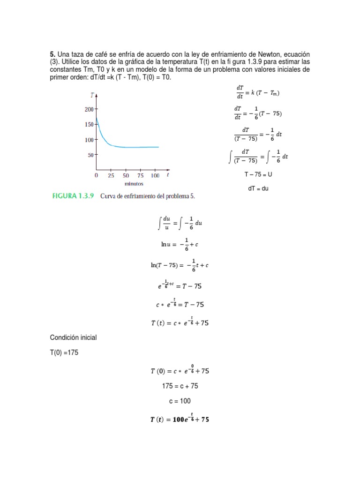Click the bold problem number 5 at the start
(52, 55)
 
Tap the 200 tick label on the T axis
(89, 110)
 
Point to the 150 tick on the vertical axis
(89, 125)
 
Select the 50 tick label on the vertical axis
(90, 155)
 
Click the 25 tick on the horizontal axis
(111, 176)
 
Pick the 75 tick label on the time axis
(141, 176)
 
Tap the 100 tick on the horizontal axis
(155, 176)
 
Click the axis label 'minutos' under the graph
(133, 184)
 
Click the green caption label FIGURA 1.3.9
(73, 197)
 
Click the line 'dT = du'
(258, 188)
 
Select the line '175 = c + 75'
(180, 386)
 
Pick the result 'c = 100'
(180, 401)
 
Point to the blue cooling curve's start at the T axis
(97, 119)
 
